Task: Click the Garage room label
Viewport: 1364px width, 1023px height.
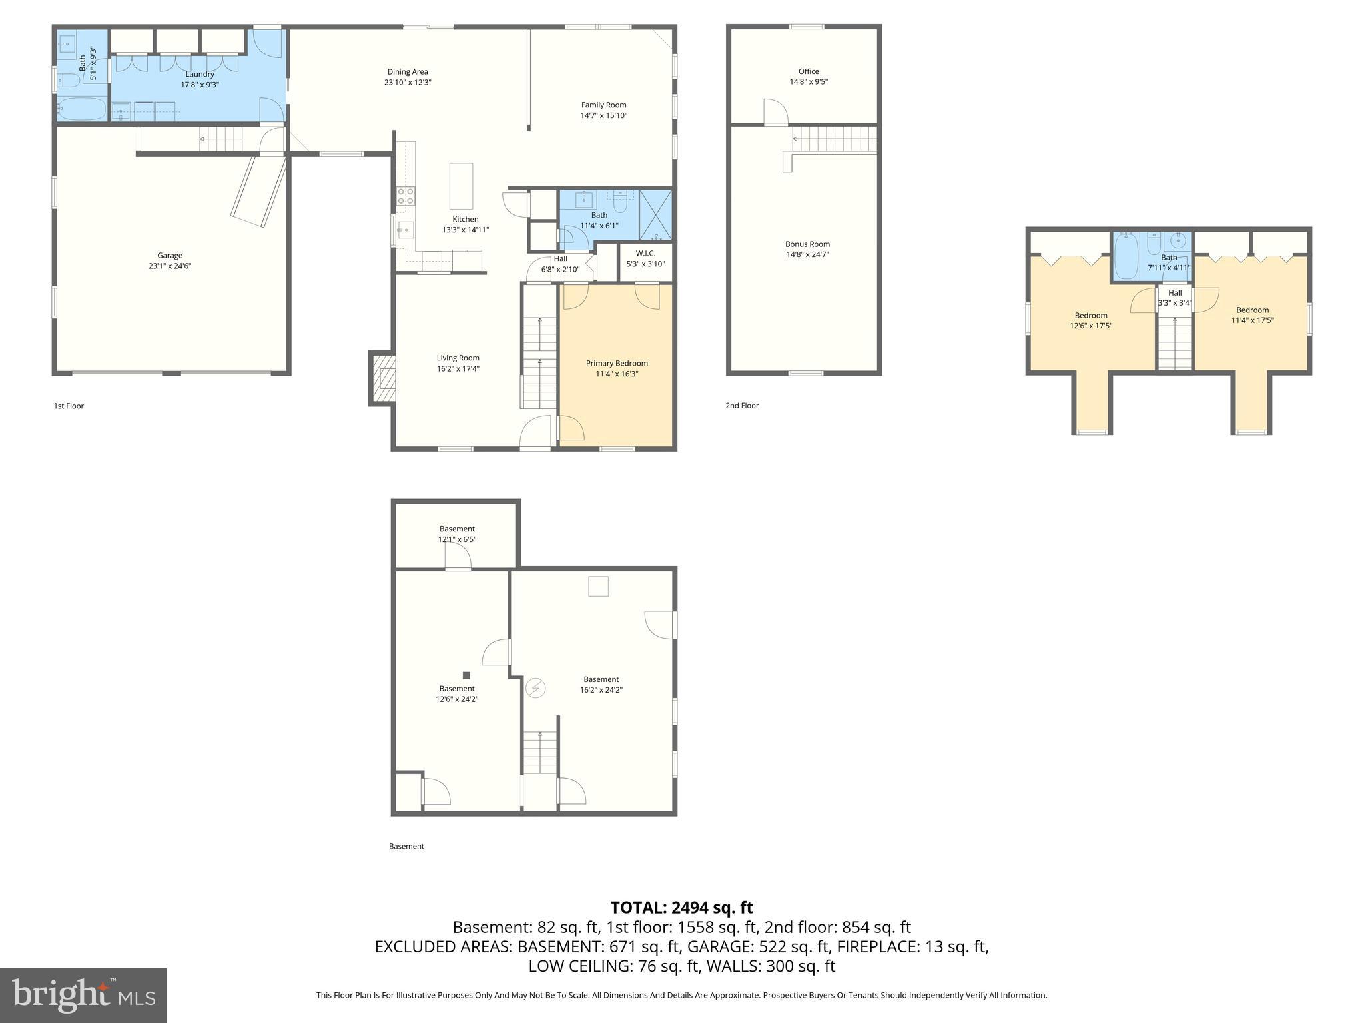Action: pyautogui.click(x=170, y=255)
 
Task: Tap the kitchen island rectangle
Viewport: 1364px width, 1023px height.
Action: pyautogui.click(x=461, y=186)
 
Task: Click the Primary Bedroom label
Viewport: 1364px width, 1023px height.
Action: pyautogui.click(x=617, y=363)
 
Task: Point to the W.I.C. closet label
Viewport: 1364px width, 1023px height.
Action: pyautogui.click(x=645, y=253)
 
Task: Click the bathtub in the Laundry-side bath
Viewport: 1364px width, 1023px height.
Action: pyautogui.click(x=82, y=109)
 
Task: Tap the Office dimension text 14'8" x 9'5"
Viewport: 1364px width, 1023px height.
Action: pyautogui.click(x=809, y=82)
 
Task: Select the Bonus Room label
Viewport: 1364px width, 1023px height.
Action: pyautogui.click(x=807, y=244)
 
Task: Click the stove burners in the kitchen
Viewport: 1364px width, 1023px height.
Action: pyautogui.click(x=405, y=196)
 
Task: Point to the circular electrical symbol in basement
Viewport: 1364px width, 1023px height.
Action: pyautogui.click(x=535, y=687)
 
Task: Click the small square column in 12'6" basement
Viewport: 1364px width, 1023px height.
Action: pyautogui.click(x=466, y=675)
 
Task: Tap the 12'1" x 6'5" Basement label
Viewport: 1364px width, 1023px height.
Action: pyautogui.click(x=457, y=534)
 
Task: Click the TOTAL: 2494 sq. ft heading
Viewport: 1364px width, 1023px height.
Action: pyautogui.click(x=681, y=908)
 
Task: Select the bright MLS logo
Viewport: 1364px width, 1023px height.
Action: pyautogui.click(x=83, y=995)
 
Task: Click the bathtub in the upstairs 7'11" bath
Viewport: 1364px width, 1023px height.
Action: pyautogui.click(x=1126, y=256)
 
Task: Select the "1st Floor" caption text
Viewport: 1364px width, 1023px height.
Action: pyautogui.click(x=69, y=406)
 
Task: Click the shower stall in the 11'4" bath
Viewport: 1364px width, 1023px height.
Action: pyautogui.click(x=655, y=215)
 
